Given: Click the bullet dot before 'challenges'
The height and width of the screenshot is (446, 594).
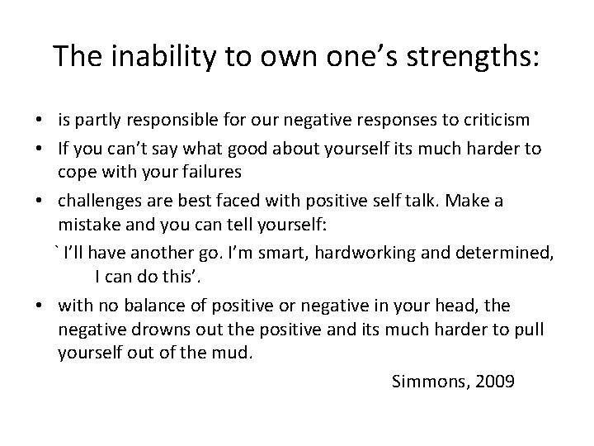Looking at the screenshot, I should tap(40, 202).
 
